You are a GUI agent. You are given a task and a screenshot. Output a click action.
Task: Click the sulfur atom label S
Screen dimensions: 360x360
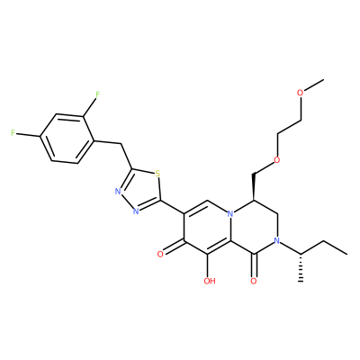pos(157,174)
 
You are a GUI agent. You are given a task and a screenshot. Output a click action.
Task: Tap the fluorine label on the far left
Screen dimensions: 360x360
pos(13,133)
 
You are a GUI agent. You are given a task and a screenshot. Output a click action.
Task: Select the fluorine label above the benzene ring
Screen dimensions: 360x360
pos(97,94)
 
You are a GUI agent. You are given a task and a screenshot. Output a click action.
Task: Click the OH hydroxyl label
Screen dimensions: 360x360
pos(210,281)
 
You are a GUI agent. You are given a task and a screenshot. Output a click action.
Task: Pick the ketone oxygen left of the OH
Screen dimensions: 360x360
pos(160,255)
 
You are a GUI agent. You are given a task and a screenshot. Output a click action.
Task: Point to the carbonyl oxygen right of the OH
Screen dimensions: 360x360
pos(254,281)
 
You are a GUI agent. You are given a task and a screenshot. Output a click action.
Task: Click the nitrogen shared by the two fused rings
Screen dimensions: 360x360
pos(230,214)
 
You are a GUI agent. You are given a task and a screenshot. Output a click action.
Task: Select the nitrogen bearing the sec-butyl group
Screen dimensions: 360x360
pos(277,241)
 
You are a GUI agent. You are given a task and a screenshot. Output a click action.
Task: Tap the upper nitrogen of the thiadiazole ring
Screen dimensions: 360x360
pos(118,192)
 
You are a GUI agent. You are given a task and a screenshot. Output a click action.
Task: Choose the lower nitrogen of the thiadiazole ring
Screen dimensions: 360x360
pos(136,211)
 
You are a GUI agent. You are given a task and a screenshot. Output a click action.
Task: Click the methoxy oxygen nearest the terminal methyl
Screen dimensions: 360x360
pos(301,93)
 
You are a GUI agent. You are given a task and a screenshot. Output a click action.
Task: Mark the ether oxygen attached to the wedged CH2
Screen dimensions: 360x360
pos(277,160)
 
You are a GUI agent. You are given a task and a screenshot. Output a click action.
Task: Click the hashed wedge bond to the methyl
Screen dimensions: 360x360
pos(301,267)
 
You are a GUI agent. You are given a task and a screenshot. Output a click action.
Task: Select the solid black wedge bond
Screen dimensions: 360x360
pos(254,186)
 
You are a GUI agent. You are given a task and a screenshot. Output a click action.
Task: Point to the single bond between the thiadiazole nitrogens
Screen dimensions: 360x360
pos(127,202)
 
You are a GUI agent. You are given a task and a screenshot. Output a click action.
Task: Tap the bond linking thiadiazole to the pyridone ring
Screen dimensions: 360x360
pos(174,208)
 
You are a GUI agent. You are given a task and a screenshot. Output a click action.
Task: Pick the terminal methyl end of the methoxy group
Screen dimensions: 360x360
pos(323,80)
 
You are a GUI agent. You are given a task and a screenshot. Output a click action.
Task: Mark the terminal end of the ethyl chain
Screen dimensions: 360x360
pos(347,255)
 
